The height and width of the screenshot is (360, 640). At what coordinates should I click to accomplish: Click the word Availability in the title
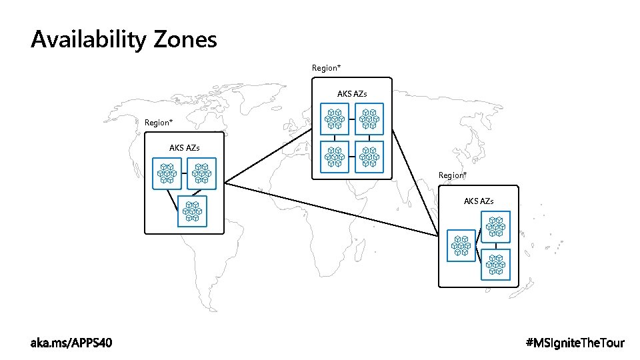[87, 40]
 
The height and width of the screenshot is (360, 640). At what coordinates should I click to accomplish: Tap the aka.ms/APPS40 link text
[72, 343]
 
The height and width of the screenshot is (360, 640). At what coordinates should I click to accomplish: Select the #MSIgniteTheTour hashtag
[575, 343]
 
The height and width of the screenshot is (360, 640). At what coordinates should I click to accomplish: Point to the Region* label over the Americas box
[159, 123]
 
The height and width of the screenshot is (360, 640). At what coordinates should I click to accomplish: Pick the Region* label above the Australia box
[453, 175]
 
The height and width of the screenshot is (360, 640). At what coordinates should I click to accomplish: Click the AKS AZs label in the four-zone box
[352, 94]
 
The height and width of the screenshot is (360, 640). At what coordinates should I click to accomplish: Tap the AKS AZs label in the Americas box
[185, 147]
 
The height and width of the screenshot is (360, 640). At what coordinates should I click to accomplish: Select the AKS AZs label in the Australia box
[479, 201]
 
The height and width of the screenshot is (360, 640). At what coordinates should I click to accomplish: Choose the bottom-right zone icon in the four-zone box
[369, 156]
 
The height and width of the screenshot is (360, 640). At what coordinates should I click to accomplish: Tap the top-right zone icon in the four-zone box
[369, 119]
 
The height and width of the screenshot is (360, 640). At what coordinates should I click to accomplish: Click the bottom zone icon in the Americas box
[192, 211]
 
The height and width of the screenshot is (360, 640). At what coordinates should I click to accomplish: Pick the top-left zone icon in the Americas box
[167, 173]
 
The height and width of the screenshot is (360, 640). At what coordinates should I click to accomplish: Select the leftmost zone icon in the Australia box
[461, 245]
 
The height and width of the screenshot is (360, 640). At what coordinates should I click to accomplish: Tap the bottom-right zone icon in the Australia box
[495, 264]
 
